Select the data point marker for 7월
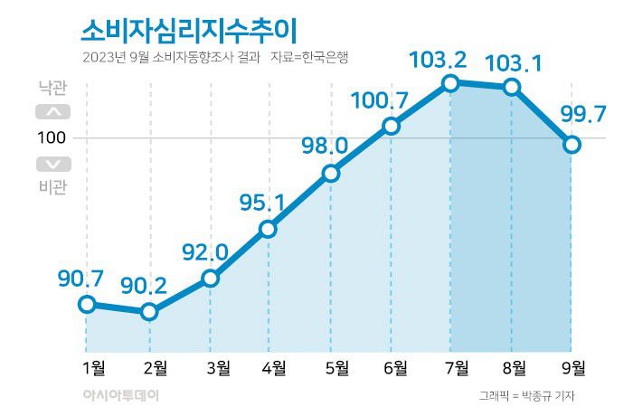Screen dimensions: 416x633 (x=450, y=83)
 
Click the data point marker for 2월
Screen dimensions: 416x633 (x=149, y=312)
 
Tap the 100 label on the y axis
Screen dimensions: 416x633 (x=51, y=137)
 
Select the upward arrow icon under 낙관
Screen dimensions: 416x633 (x=52, y=113)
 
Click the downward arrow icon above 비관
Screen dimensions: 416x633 (x=52, y=164)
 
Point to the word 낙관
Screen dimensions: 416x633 (x=52, y=90)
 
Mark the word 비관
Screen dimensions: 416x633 (x=52, y=186)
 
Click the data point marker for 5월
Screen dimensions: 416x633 (x=330, y=173)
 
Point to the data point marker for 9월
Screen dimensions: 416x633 (x=572, y=144)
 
